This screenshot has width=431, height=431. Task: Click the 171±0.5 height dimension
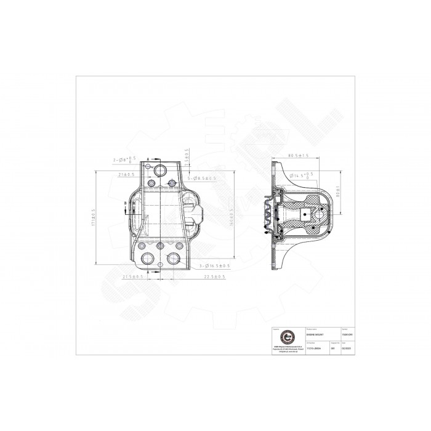[x=94, y=217]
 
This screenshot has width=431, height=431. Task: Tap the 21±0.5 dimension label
[x=129, y=175]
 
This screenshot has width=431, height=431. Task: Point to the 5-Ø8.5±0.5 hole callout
[x=200, y=179]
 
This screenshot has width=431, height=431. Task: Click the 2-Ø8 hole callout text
[x=124, y=159]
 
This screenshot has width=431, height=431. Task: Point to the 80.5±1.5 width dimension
[x=297, y=156]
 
